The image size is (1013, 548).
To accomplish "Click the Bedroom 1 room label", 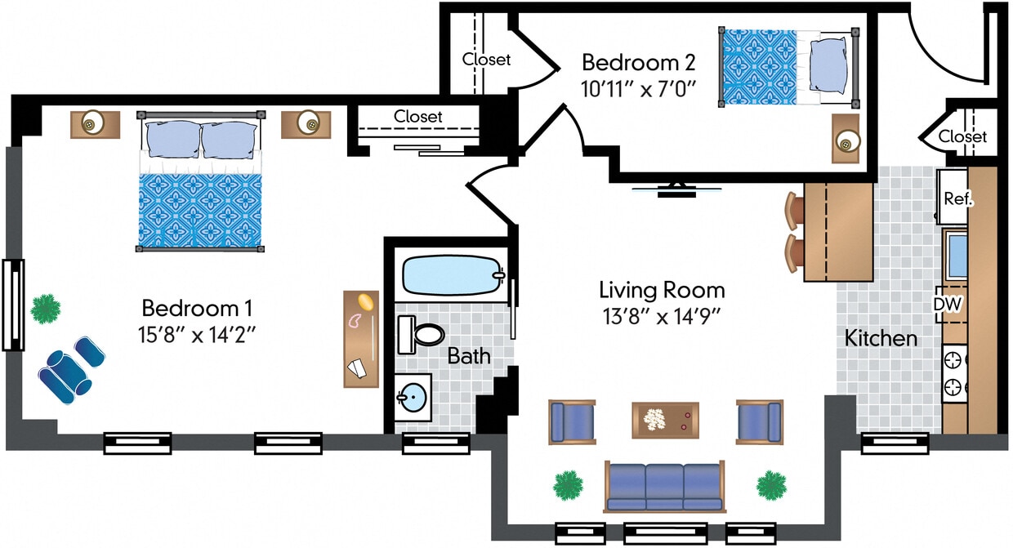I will [x=197, y=308].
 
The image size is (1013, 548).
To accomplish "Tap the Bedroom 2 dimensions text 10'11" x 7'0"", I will [x=638, y=88].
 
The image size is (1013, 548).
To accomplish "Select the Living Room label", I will [x=662, y=290].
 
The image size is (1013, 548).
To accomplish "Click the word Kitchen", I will [x=881, y=337].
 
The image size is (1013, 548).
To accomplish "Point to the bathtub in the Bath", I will [x=451, y=276].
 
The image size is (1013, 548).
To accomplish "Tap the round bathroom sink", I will [x=414, y=399].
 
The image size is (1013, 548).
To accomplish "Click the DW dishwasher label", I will [x=948, y=304].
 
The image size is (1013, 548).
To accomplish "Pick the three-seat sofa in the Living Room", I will [x=664, y=485].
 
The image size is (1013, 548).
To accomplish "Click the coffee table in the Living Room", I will [x=665, y=420].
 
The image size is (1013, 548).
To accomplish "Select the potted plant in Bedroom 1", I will [x=46, y=309].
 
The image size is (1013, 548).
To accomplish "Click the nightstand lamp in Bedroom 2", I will [x=846, y=143].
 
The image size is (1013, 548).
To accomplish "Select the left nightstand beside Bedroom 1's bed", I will [x=95, y=124].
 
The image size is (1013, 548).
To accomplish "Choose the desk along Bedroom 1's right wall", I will [x=361, y=338].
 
